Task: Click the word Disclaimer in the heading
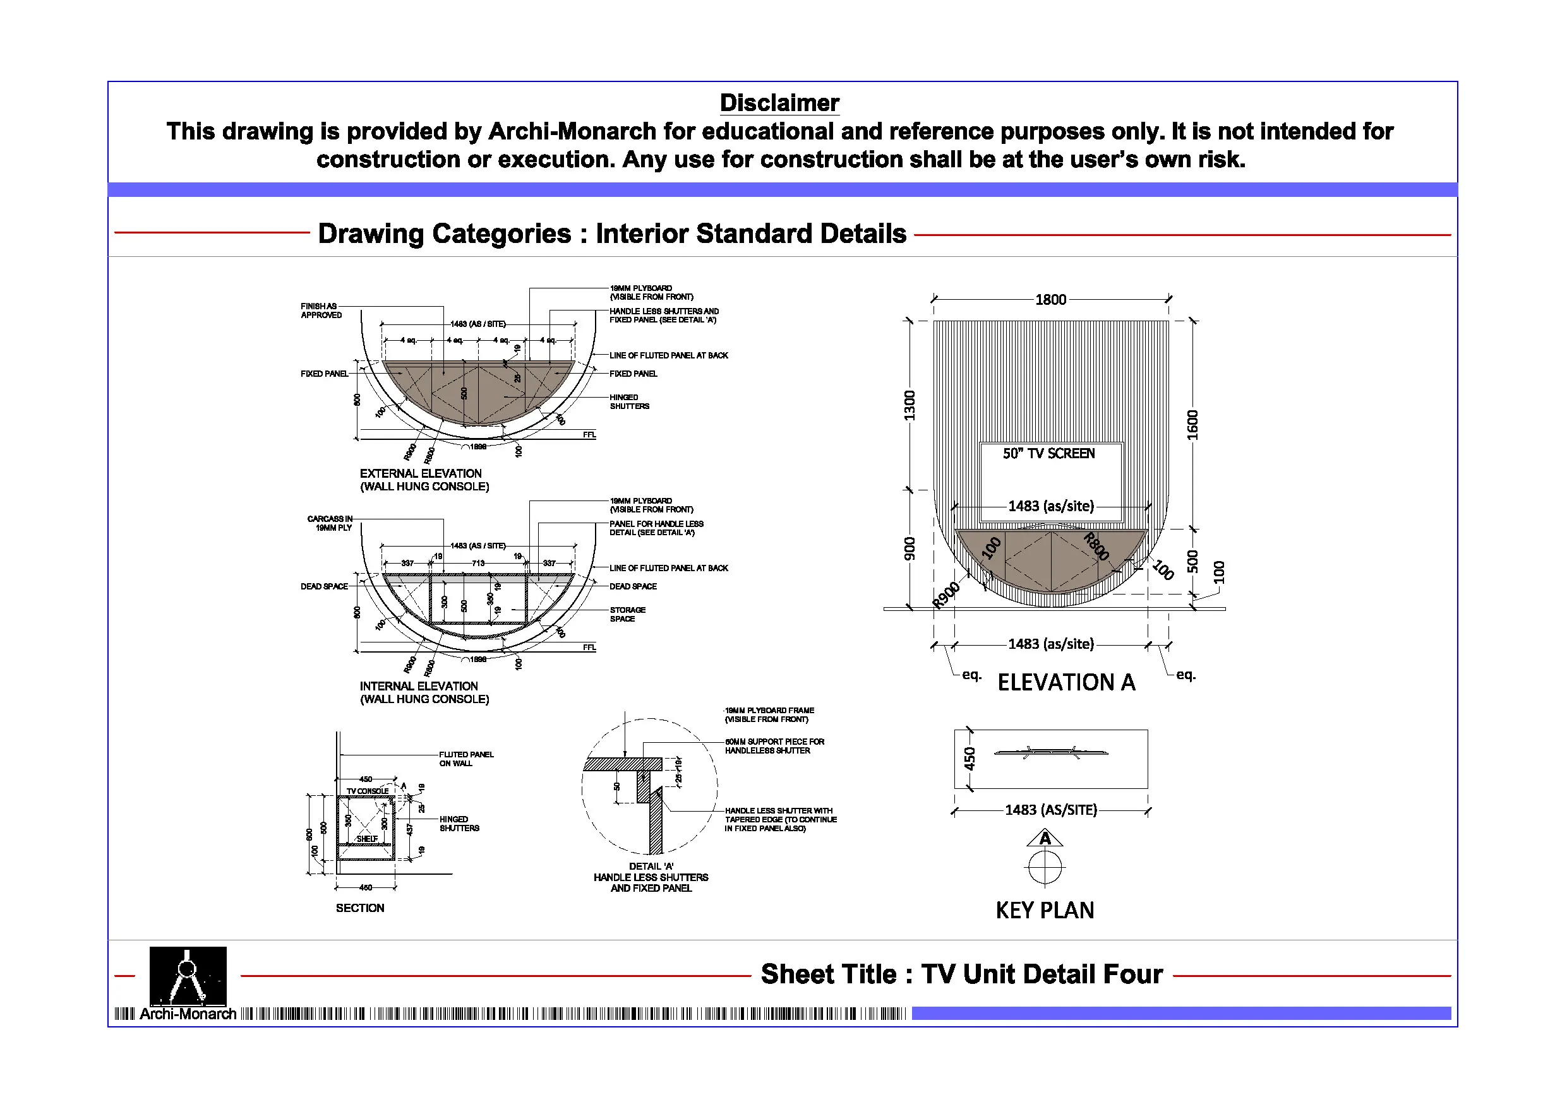779,103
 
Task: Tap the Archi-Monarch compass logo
188,975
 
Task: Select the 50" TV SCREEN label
1048,454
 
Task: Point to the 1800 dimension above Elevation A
1050,299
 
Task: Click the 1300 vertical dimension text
910,405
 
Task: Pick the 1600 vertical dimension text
1192,424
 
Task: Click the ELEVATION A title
1066,682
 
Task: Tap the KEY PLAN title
1044,910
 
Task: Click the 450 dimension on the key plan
970,759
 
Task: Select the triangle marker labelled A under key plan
1045,838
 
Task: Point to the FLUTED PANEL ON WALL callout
466,759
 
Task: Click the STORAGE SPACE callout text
627,614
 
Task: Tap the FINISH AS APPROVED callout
321,311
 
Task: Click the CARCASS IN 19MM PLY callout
330,523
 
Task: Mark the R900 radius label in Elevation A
947,595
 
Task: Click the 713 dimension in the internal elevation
477,564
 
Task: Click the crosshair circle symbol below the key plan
1045,868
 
